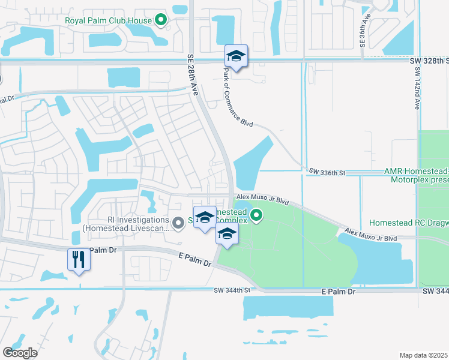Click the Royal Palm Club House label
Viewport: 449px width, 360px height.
point(108,20)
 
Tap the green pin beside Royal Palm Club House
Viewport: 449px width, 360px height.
point(161,20)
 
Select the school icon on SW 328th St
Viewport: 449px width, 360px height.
point(236,57)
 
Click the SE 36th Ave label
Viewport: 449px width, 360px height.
point(363,30)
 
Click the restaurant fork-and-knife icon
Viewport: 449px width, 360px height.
point(79,259)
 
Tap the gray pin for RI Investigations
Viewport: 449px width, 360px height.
point(178,224)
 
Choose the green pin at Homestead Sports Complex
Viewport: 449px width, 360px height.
point(256,215)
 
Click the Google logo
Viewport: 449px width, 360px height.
point(20,353)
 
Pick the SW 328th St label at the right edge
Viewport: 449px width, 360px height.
point(434,61)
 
